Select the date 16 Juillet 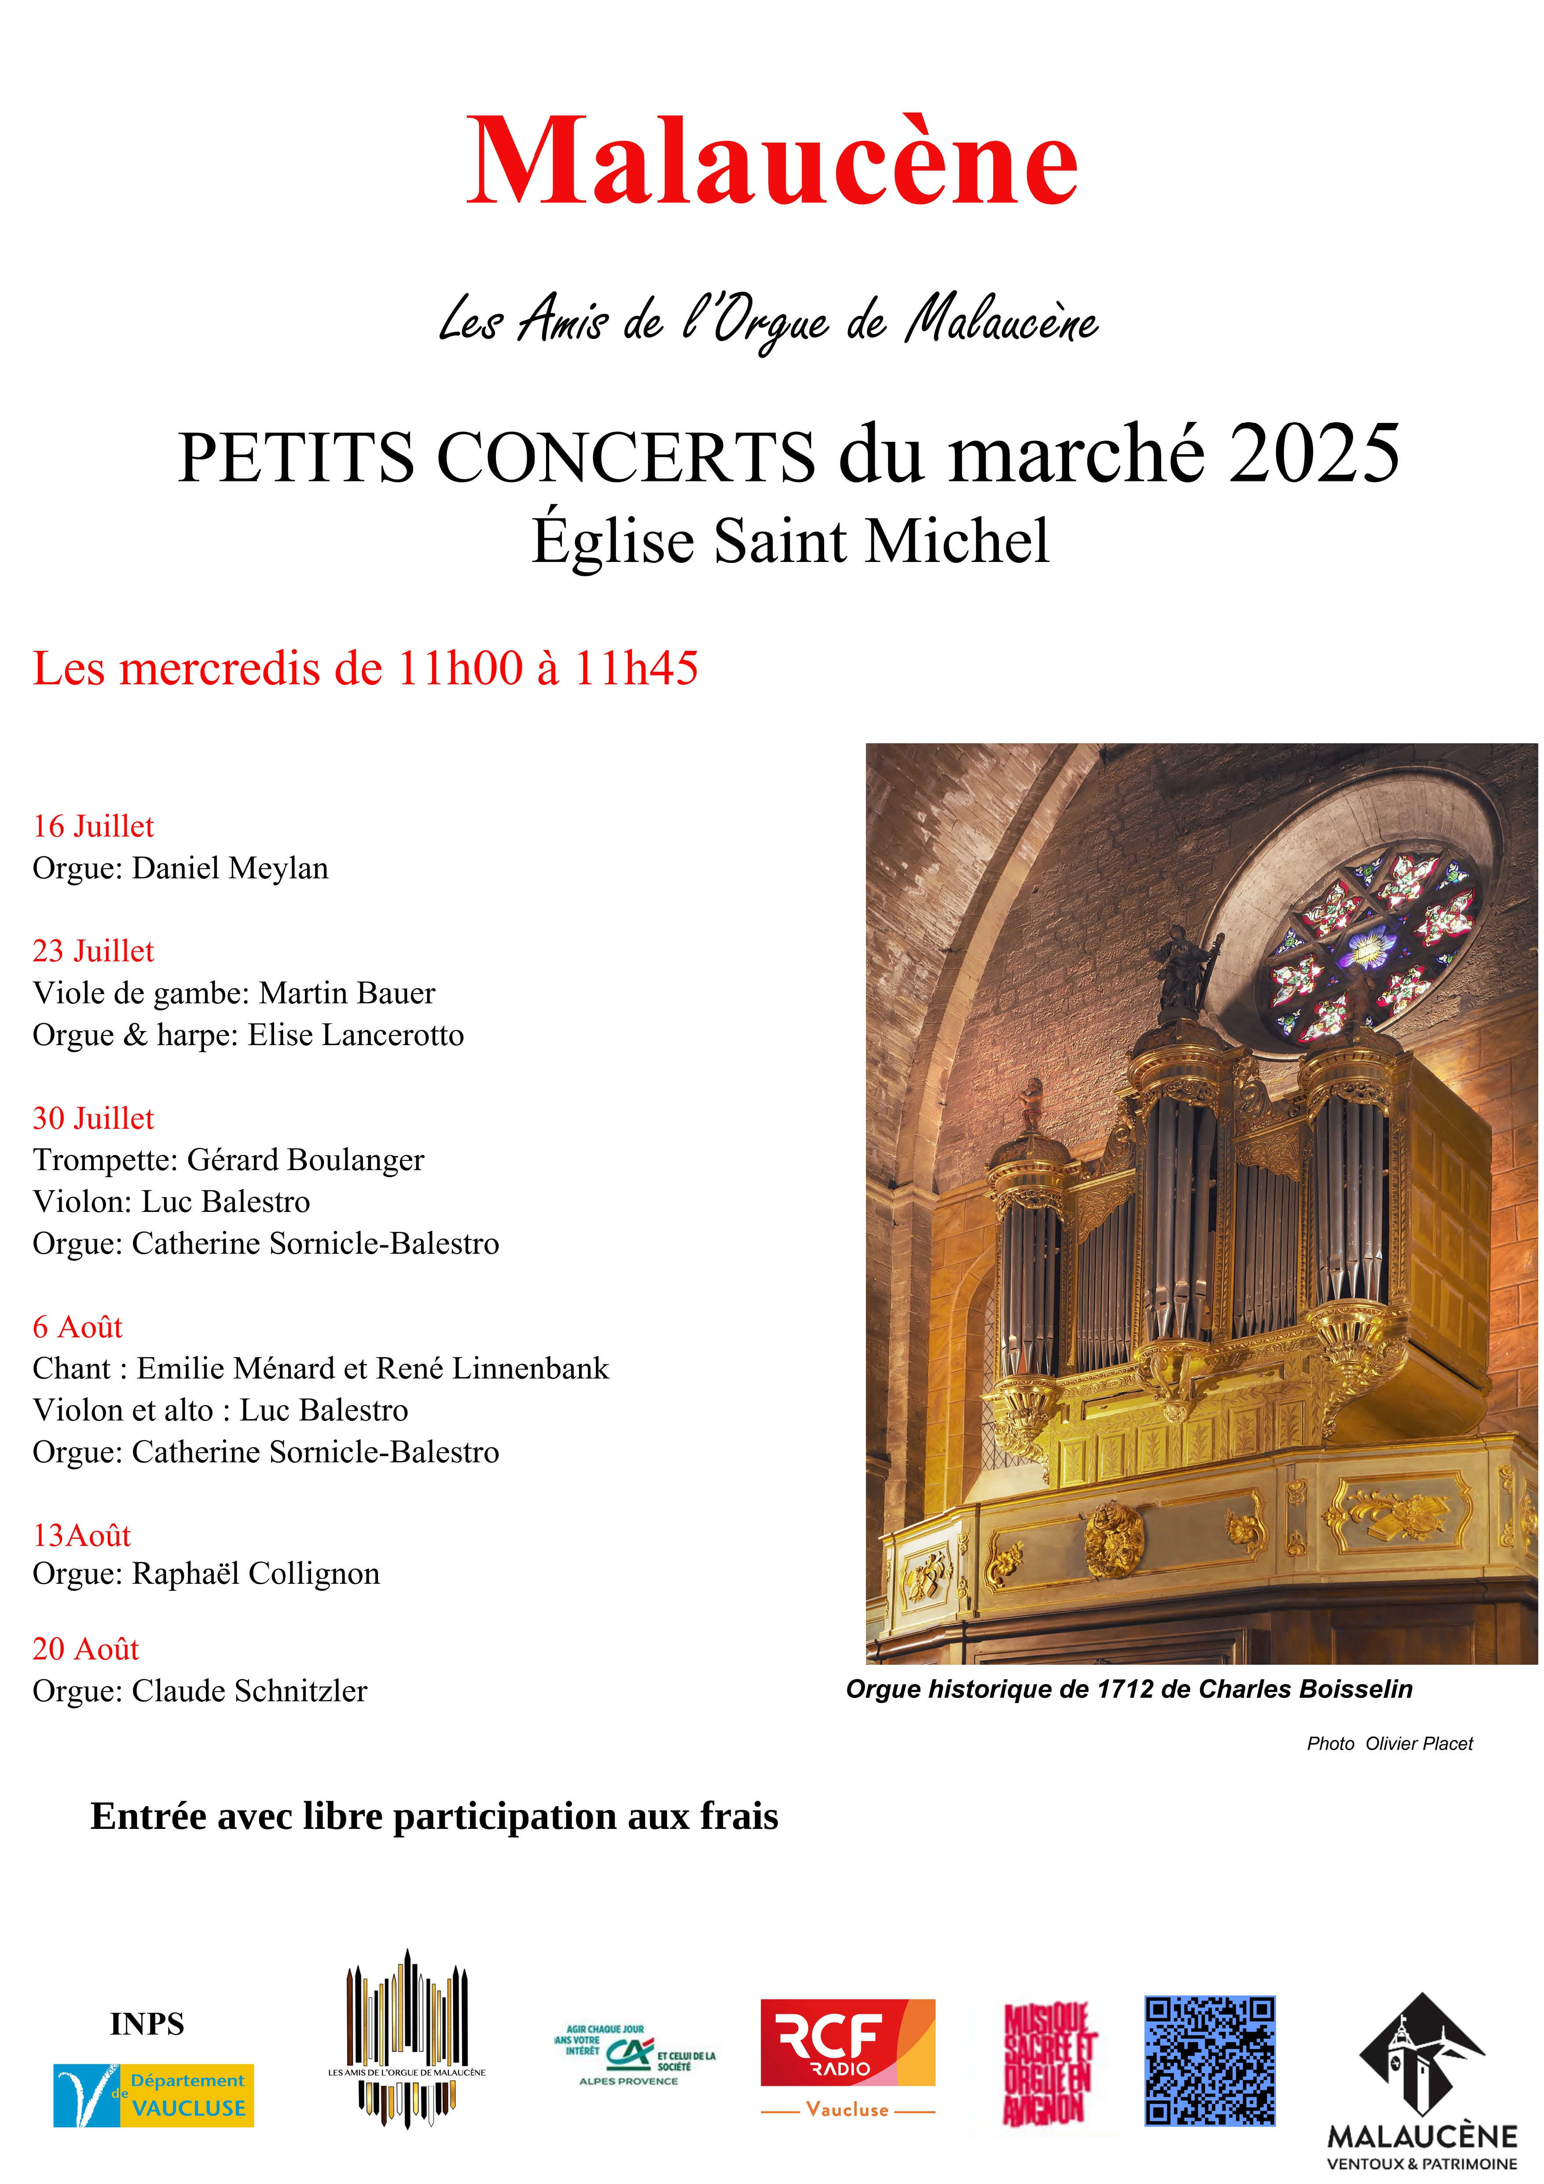[x=93, y=826]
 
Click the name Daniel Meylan [x=230, y=867]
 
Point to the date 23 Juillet [x=93, y=950]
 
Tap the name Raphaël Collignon [x=255, y=1573]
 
